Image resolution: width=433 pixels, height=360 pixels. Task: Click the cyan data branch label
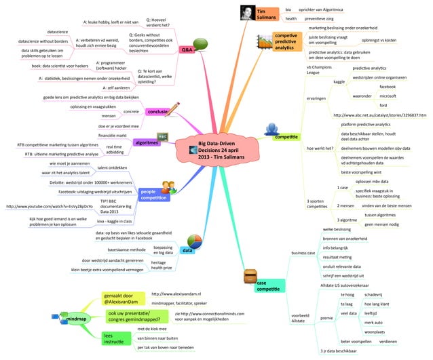(187, 251)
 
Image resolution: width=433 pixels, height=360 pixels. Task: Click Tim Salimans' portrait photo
(247, 14)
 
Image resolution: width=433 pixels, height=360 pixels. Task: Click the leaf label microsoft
(388, 96)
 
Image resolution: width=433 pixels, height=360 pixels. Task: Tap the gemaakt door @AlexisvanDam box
(120, 298)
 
